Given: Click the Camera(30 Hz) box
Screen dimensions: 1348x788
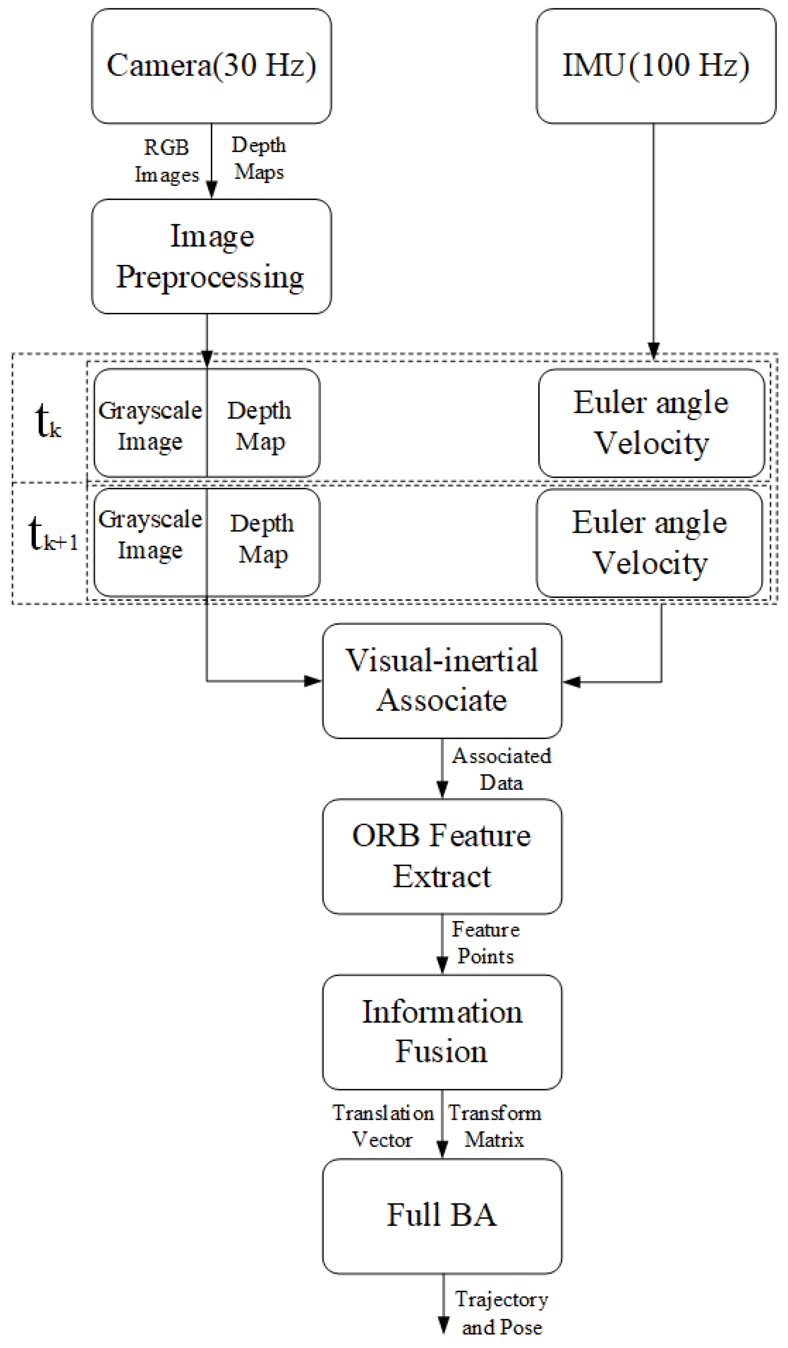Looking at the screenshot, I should (x=211, y=66).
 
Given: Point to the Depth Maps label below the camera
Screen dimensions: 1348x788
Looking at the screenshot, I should (x=259, y=158).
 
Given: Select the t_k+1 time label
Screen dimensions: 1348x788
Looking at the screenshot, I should (x=52, y=534).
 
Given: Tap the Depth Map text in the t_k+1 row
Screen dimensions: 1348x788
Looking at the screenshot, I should (x=262, y=539).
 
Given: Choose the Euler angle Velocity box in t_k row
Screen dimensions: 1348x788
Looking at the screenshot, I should (x=651, y=422).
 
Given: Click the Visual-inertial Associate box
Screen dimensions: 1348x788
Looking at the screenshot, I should (x=442, y=681).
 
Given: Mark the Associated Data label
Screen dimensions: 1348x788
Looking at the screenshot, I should (x=501, y=769).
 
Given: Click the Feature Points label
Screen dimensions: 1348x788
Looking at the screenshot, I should (x=485, y=943).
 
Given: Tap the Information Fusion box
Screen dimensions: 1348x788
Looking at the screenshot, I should (x=442, y=1032).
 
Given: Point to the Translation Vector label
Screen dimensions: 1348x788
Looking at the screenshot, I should (x=383, y=1126).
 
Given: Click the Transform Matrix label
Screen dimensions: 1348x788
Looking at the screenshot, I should (x=494, y=1126).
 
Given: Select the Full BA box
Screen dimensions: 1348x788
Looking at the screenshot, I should (x=442, y=1216).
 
